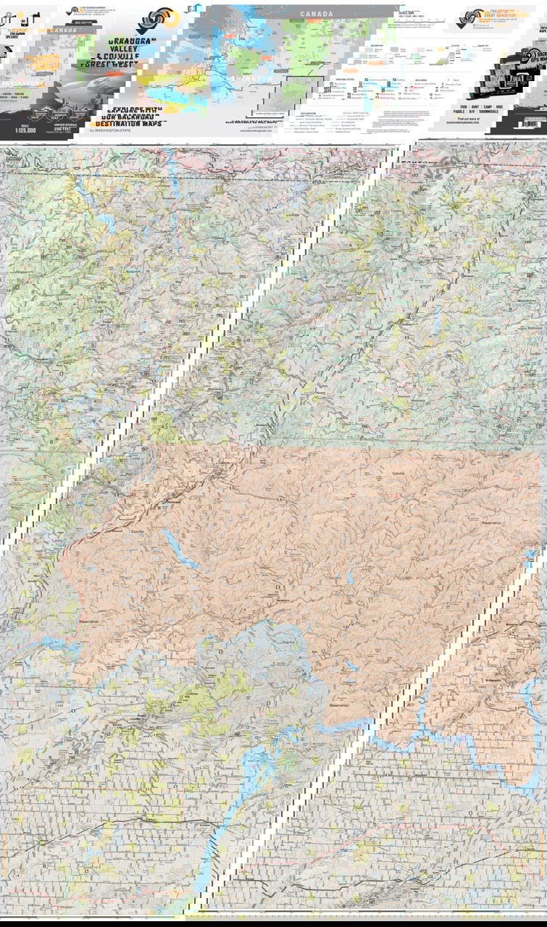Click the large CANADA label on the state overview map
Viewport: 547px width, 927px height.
tap(317, 14)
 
